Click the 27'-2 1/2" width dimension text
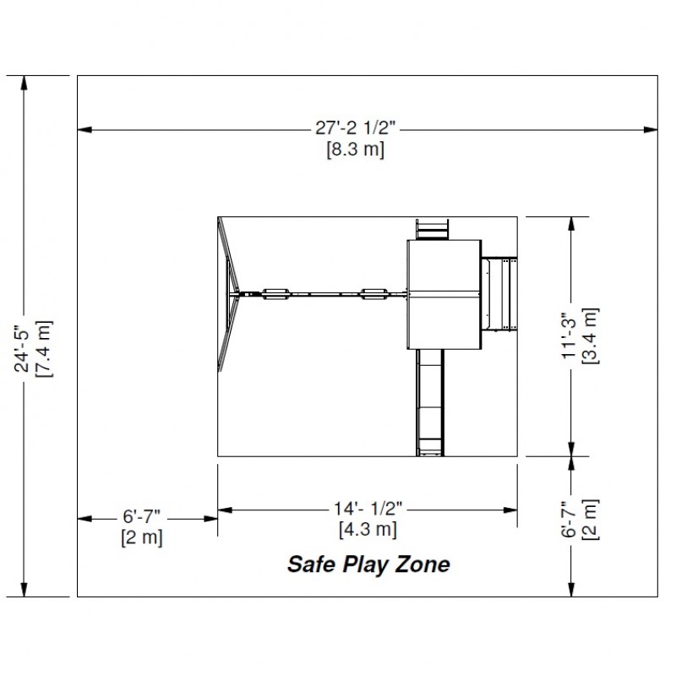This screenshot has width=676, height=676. (x=355, y=128)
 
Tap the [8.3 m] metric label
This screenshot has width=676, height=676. (x=355, y=150)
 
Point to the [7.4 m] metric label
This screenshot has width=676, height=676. (x=44, y=349)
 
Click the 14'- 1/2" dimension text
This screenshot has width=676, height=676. (x=368, y=509)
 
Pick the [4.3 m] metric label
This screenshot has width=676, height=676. (x=368, y=529)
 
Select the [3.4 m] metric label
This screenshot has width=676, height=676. (x=590, y=335)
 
